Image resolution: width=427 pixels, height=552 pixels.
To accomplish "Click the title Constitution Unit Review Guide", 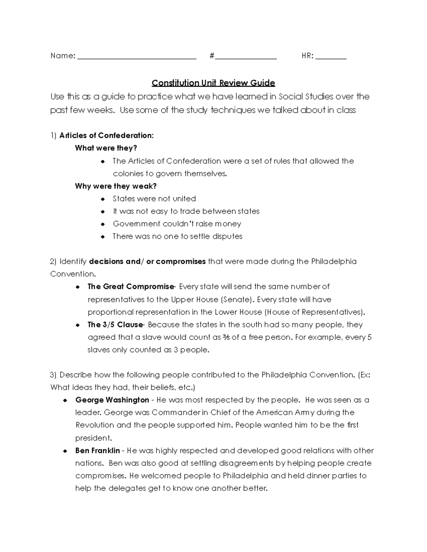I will coord(213,83).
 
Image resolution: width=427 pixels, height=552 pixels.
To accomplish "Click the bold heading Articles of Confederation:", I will coord(106,135).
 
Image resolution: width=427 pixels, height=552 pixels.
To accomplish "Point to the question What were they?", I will coord(106,148).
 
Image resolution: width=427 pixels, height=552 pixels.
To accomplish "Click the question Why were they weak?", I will coord(116,186).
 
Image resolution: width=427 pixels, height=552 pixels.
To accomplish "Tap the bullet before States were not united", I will coord(103,199).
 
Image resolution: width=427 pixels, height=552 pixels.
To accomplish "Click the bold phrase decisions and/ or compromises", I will coord(147,262).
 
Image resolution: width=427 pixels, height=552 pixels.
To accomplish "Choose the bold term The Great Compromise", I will coord(130,286).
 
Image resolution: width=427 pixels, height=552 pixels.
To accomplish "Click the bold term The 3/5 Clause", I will coord(115,325).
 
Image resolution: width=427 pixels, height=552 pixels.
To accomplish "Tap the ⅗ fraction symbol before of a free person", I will coord(226,337).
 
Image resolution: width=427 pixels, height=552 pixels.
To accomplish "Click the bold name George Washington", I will coord(112,400).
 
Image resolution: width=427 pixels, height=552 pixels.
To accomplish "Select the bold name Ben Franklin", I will coord(97,451).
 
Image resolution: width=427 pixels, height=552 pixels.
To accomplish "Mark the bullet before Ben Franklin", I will coord(65,451).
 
